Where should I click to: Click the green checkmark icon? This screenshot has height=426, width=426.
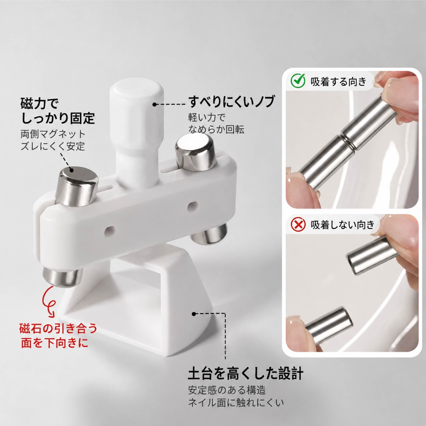[298, 81]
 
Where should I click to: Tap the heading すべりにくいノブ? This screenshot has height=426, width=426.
[231, 102]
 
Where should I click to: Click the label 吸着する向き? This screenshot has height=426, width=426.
[338, 82]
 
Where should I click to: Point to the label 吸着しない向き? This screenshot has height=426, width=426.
[343, 225]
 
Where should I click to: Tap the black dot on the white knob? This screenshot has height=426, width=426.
[154, 104]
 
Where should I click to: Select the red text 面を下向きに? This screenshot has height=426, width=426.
[55, 343]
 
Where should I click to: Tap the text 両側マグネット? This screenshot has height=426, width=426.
[53, 134]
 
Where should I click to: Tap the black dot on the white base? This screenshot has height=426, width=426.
[194, 314]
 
